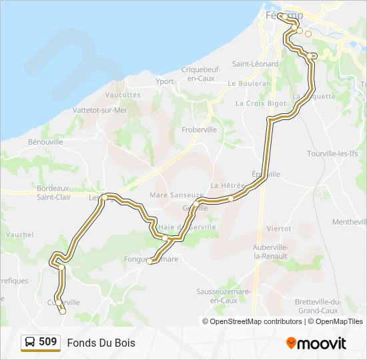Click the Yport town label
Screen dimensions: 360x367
(164, 82)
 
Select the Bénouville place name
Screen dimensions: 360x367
(45, 142)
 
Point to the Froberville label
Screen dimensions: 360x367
(200, 130)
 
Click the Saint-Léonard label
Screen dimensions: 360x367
(255, 64)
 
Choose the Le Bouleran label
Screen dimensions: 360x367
(249, 84)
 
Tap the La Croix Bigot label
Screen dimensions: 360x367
(260, 103)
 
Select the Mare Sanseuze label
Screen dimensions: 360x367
(177, 195)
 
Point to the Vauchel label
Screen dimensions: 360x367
(19, 235)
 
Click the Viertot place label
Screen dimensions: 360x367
(278, 228)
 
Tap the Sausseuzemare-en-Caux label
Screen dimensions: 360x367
(224, 296)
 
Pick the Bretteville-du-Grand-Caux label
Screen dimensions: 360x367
(318, 306)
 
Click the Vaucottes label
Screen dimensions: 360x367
(123, 95)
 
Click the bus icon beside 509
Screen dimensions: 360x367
(30, 342)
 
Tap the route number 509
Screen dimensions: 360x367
(48, 342)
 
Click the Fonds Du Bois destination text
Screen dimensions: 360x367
(101, 343)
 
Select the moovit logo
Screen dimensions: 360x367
(316, 343)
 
